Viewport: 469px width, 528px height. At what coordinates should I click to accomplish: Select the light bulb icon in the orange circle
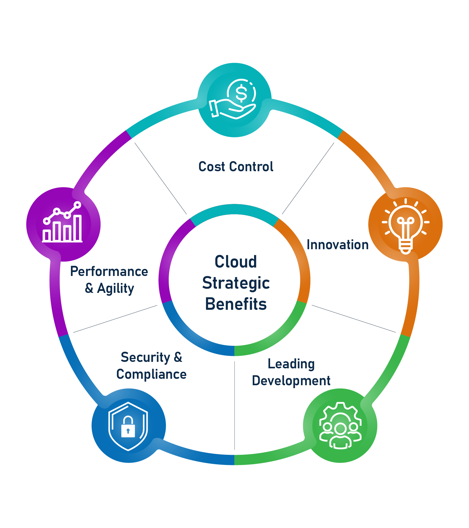(405, 227)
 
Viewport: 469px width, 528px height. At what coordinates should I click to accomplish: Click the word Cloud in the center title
(236, 262)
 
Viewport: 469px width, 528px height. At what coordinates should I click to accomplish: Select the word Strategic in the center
(236, 283)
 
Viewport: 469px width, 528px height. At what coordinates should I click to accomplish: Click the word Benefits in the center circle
(236, 304)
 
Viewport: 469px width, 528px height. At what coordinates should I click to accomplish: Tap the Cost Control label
(236, 167)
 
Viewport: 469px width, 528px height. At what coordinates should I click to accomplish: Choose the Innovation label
(338, 245)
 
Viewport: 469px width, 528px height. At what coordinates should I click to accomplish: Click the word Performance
(109, 271)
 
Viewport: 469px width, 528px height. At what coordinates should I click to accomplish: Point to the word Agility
(115, 289)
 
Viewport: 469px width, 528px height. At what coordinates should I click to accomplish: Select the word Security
(145, 358)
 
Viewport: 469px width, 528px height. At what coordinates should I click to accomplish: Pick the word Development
(291, 381)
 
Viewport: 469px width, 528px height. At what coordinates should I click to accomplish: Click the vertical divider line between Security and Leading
(235, 406)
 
